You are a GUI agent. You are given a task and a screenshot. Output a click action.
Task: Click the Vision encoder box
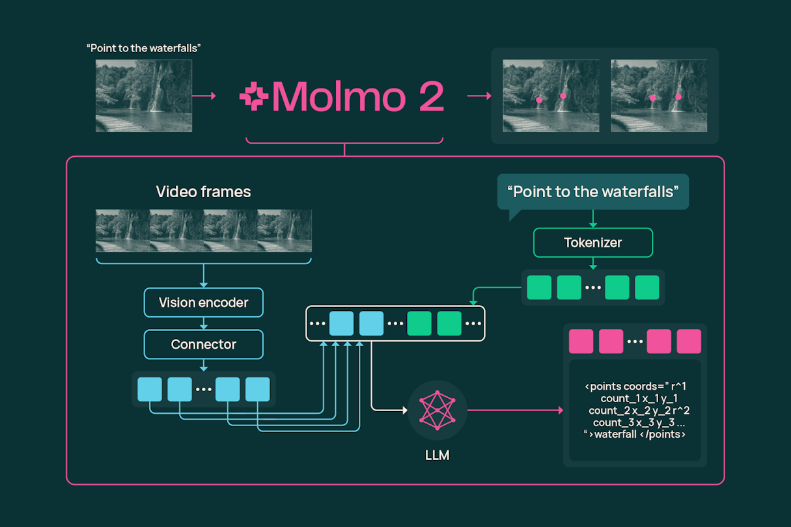203,303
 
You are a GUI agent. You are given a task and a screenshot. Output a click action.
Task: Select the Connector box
203,344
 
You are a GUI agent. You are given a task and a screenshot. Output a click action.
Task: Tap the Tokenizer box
592,243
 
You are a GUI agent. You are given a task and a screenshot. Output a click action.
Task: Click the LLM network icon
437,411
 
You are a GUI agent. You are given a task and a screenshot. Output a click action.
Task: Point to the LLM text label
437,455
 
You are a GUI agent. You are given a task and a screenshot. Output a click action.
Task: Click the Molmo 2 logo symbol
253,96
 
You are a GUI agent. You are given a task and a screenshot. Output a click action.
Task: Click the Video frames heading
203,192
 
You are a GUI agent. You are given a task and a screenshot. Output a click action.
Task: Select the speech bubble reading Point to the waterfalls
592,192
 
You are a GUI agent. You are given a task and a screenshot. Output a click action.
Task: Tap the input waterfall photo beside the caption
144,96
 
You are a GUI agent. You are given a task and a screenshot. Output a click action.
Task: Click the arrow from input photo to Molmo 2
204,96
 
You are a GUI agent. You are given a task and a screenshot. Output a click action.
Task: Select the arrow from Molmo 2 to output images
479,96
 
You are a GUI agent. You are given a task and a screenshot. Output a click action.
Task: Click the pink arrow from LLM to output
514,411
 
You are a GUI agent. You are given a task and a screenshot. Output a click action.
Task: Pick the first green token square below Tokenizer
539,288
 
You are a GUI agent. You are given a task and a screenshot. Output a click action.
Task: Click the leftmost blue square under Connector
150,389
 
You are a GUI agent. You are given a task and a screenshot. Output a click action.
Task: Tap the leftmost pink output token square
581,342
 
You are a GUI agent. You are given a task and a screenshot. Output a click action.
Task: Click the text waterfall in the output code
615,434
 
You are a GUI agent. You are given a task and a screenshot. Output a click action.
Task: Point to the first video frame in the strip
122,230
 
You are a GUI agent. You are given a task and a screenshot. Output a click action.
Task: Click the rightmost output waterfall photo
659,96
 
